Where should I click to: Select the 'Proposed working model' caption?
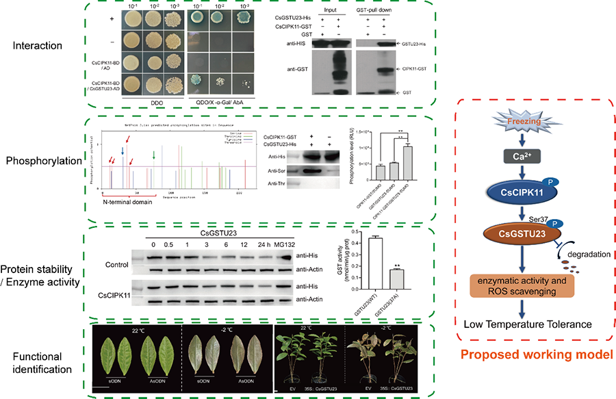[535, 355]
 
